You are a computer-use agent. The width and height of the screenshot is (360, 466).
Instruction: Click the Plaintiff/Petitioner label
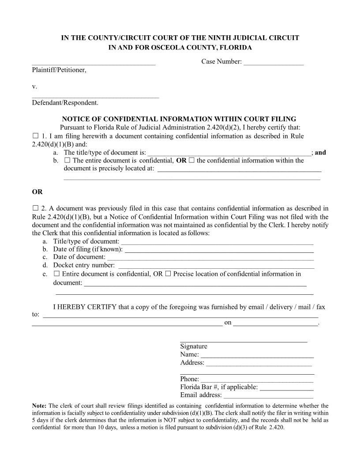point(59,70)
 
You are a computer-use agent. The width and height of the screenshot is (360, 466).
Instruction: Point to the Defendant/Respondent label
point(65,103)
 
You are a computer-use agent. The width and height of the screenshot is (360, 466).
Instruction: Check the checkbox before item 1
point(36,135)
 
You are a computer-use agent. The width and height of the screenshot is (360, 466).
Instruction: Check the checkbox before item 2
point(36,208)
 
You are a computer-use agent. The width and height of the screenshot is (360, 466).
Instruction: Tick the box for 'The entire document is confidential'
point(67,160)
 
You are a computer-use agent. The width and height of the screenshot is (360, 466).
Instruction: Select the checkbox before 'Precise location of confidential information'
point(168,274)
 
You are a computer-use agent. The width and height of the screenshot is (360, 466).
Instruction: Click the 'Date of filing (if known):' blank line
point(219,250)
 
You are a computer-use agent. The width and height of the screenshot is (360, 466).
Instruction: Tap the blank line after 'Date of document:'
point(210,258)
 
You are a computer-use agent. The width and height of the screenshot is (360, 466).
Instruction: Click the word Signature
point(194,346)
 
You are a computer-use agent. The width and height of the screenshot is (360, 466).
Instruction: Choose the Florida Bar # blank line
point(287,388)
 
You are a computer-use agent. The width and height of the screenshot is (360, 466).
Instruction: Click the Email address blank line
point(268,396)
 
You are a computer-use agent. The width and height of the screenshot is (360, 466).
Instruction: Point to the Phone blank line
point(257,380)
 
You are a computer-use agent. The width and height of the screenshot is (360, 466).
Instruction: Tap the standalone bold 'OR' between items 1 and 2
point(37,192)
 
